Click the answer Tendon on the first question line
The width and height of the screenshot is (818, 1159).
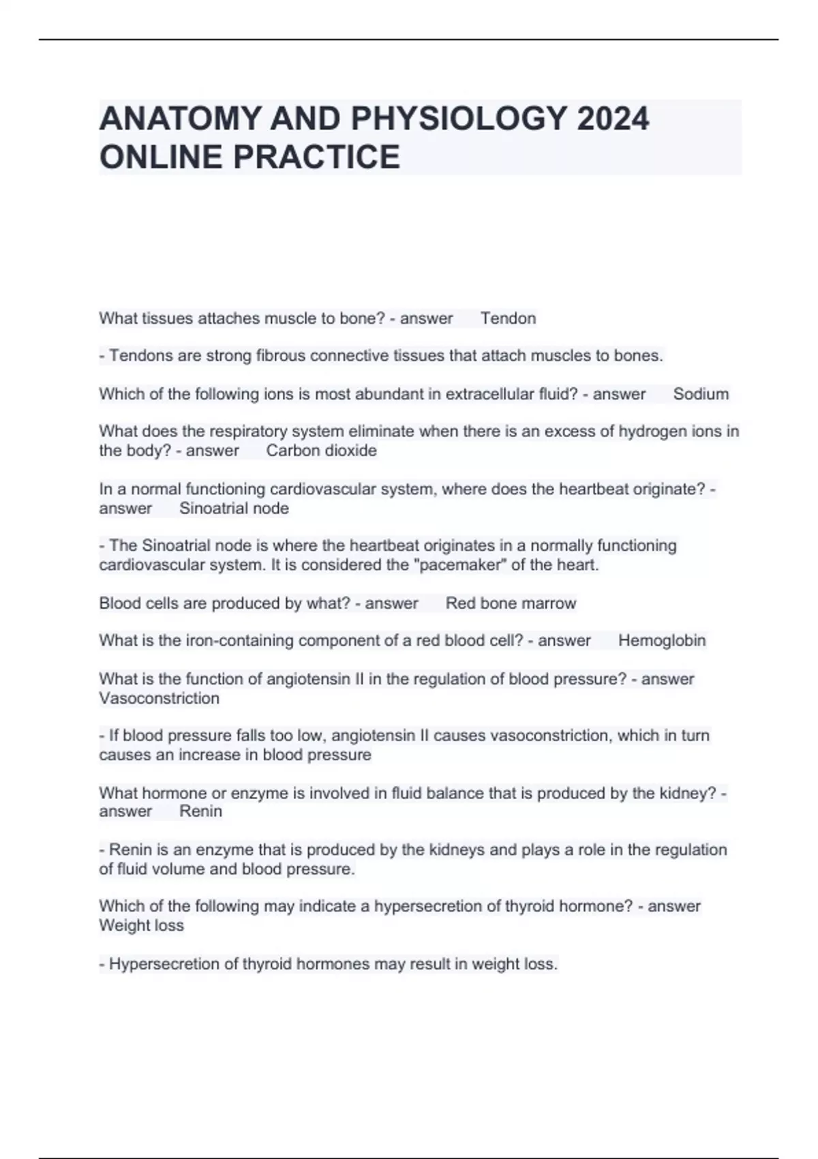(508, 318)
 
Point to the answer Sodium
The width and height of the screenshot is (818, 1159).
(701, 394)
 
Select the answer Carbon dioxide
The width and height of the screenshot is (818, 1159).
(321, 451)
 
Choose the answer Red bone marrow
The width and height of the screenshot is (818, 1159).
(511, 603)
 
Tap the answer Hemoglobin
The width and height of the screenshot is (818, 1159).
(662, 641)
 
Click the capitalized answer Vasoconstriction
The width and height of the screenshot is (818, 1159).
(159, 698)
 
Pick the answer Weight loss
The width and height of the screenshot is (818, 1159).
(141, 926)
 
